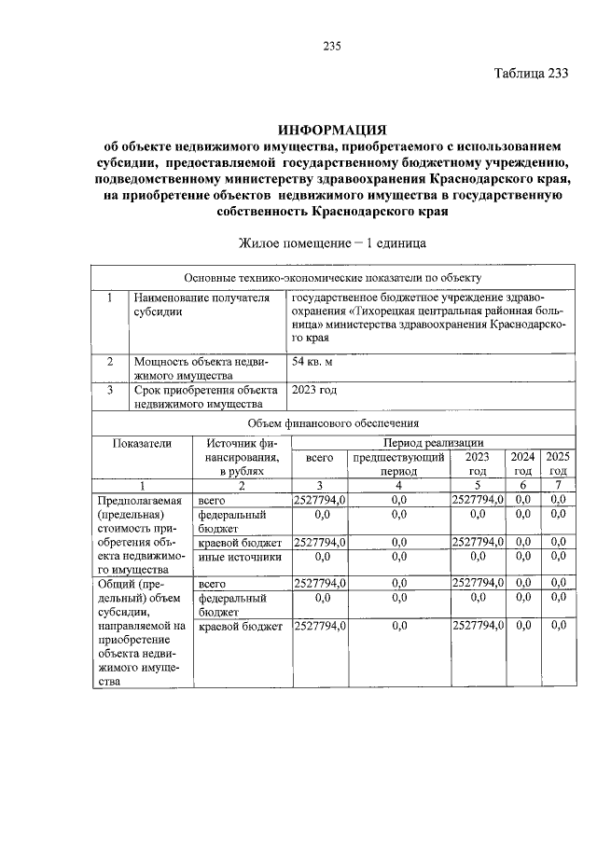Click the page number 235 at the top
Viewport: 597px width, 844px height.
point(333,48)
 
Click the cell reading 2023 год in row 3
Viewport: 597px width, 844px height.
point(314,390)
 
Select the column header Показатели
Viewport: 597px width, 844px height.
point(142,444)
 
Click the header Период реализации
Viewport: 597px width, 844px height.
point(428,443)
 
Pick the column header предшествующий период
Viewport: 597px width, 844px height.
point(398,464)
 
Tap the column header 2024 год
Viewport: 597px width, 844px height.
point(523,464)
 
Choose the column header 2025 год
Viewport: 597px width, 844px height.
point(558,464)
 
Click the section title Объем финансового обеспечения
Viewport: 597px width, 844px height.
point(332,423)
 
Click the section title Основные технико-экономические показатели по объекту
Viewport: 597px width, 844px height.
point(332,278)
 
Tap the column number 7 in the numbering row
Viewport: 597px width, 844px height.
point(558,485)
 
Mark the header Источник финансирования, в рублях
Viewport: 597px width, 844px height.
point(241,458)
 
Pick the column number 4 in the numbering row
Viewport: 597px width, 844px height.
point(398,485)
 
